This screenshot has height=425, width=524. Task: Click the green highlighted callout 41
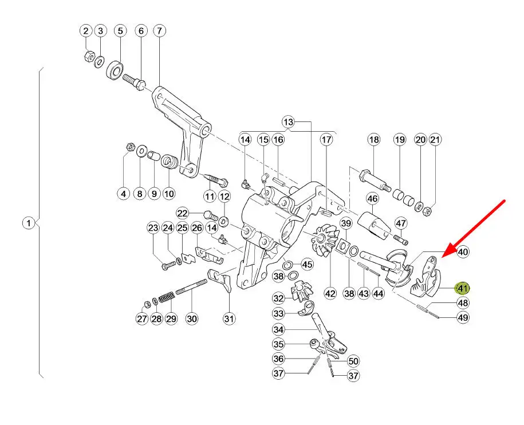click(462, 288)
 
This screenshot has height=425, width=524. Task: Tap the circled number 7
click(159, 30)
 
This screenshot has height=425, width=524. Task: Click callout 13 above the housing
click(288, 122)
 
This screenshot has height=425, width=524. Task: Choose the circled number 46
click(373, 199)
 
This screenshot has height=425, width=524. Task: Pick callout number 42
click(330, 293)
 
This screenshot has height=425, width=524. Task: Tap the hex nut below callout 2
click(89, 57)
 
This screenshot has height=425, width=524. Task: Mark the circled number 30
click(191, 319)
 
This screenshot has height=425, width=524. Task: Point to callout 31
click(229, 319)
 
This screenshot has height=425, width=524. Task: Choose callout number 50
click(353, 361)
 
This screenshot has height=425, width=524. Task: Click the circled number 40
click(463, 251)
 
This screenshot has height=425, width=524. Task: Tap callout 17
click(326, 139)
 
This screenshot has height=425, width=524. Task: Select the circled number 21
click(436, 140)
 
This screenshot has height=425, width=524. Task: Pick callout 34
click(278, 329)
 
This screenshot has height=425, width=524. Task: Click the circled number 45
click(308, 264)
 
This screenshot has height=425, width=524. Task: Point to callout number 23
click(152, 229)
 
